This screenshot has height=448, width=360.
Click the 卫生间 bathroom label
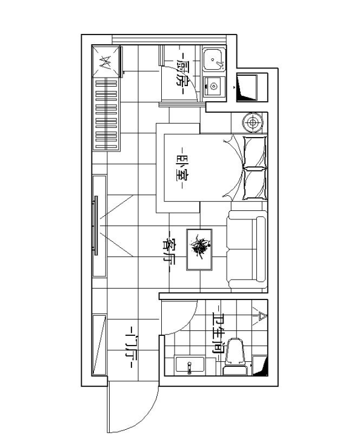tap(217, 334)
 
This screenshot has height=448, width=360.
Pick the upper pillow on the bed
tap(255, 149)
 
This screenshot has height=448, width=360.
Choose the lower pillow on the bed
tap(255, 184)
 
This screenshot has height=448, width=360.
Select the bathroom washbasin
tap(189, 366)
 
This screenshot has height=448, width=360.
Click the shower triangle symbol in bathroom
tap(262, 315)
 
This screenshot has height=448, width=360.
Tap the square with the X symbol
tap(106, 61)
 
